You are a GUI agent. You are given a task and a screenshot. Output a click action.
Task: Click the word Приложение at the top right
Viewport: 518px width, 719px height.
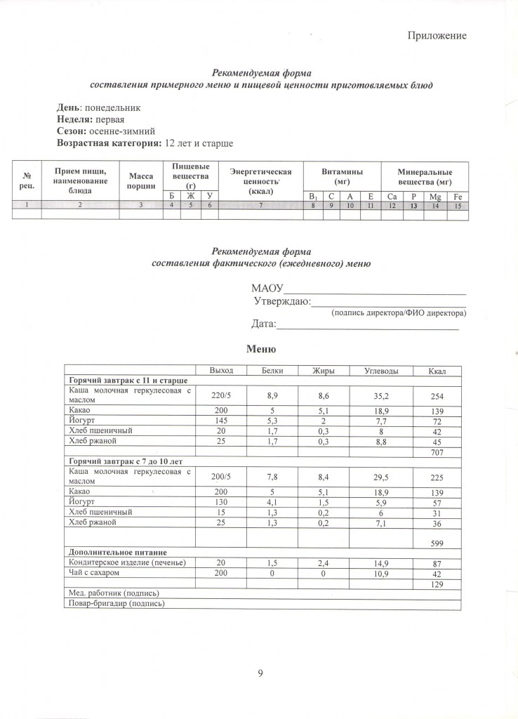[437, 36]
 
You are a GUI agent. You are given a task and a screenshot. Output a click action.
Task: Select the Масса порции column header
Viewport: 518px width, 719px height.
[140, 181]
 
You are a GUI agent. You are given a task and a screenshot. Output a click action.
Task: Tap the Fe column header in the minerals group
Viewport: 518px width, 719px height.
[458, 195]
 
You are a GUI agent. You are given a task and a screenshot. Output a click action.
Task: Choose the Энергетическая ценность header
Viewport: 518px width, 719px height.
[260, 176]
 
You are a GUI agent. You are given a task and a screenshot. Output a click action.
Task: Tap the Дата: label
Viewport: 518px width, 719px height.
[264, 324]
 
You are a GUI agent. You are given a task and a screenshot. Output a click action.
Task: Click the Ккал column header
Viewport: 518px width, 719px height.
[437, 370]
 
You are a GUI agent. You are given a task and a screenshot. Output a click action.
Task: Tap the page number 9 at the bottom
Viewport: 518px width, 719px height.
[260, 674]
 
